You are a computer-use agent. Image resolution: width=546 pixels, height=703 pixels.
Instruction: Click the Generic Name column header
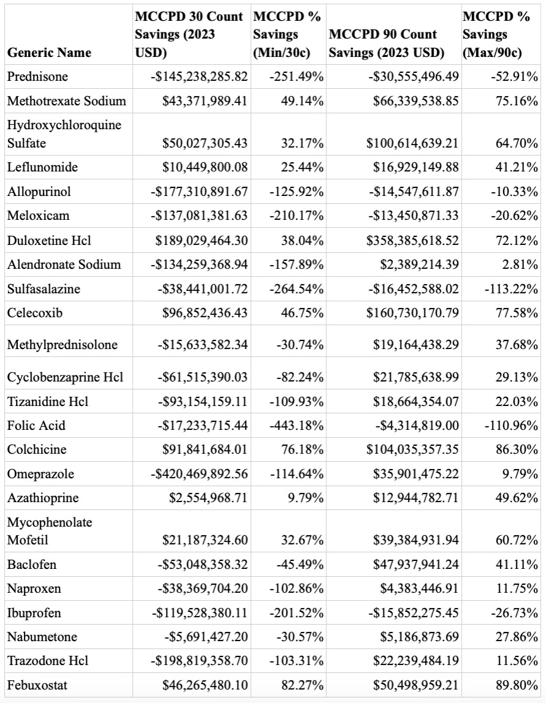point(49,53)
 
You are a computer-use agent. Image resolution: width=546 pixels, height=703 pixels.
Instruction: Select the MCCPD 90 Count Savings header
point(386,43)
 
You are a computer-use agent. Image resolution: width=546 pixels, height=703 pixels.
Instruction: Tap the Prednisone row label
point(37,77)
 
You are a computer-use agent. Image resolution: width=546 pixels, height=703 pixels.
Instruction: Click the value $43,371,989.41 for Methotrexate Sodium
point(204,100)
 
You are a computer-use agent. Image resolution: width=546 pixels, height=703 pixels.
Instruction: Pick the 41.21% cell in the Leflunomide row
point(517,167)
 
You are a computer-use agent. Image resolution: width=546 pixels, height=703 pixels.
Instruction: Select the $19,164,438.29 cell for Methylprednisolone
point(416,345)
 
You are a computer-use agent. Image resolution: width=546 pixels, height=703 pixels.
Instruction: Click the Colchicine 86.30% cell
point(517,450)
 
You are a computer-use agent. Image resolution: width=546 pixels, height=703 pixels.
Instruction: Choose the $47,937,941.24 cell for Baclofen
point(416,565)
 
